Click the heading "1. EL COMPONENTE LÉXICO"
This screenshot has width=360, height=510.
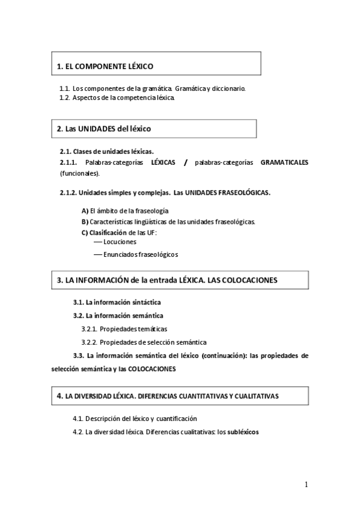point(105,67)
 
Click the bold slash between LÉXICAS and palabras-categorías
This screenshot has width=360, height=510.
point(186,162)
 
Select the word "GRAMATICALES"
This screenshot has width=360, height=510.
point(284,162)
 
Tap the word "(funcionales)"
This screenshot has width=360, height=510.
point(79,173)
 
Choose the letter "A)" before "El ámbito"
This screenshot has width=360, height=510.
point(85,211)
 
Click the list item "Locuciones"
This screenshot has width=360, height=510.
point(120,241)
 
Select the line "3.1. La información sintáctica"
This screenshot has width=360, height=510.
point(117,302)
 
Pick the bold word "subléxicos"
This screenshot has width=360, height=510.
point(243,431)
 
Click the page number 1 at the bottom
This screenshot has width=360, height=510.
point(306,485)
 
